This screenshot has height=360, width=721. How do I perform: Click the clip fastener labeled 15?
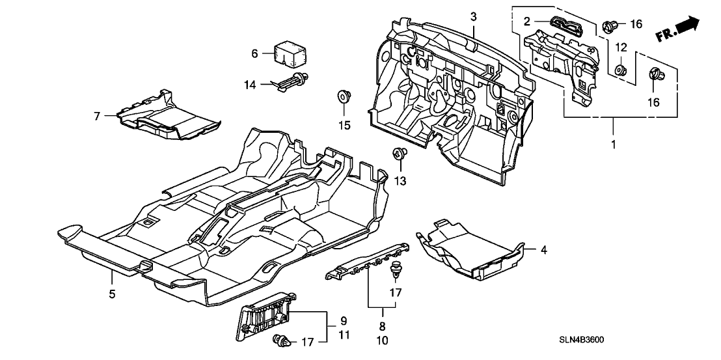344,97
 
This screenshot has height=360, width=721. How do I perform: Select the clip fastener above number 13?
400,155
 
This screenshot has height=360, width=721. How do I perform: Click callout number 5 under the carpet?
112,294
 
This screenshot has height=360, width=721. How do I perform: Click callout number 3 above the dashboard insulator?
474,16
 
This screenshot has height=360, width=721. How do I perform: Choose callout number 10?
382,340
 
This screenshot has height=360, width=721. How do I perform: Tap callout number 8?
382,326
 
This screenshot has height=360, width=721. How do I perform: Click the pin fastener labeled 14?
296,82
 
